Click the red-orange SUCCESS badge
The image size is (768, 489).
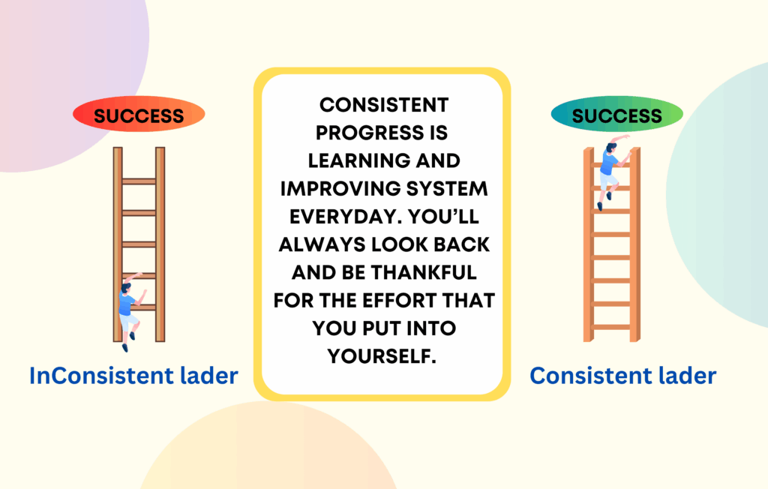point(139,114)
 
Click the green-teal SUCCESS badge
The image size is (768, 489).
point(616,114)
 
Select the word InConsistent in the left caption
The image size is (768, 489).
point(101,376)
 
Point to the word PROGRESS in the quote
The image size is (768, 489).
point(370,133)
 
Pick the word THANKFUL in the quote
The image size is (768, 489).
point(424,272)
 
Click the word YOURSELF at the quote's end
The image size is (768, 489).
point(382,356)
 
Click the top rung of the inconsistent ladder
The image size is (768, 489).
point(139,181)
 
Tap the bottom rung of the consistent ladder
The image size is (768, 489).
point(611,327)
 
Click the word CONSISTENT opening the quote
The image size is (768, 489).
point(384,105)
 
